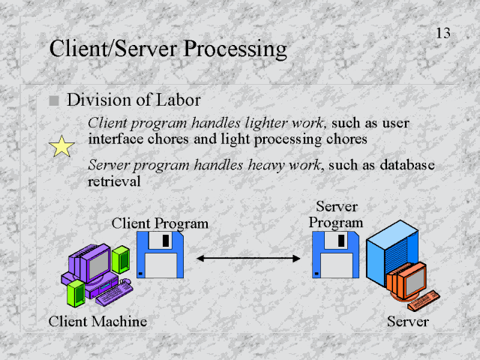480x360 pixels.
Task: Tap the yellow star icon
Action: [61, 146]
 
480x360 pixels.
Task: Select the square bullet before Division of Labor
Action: [53, 100]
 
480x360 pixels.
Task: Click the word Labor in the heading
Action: [179, 99]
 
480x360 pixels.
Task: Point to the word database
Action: [404, 165]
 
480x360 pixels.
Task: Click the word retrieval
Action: [114, 181]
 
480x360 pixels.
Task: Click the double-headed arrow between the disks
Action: [248, 258]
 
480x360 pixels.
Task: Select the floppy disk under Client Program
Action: [160, 254]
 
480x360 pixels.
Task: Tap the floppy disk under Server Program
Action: [335, 254]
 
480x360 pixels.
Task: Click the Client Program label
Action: [160, 223]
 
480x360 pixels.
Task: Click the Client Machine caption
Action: [97, 322]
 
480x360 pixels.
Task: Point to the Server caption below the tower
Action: [407, 322]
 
